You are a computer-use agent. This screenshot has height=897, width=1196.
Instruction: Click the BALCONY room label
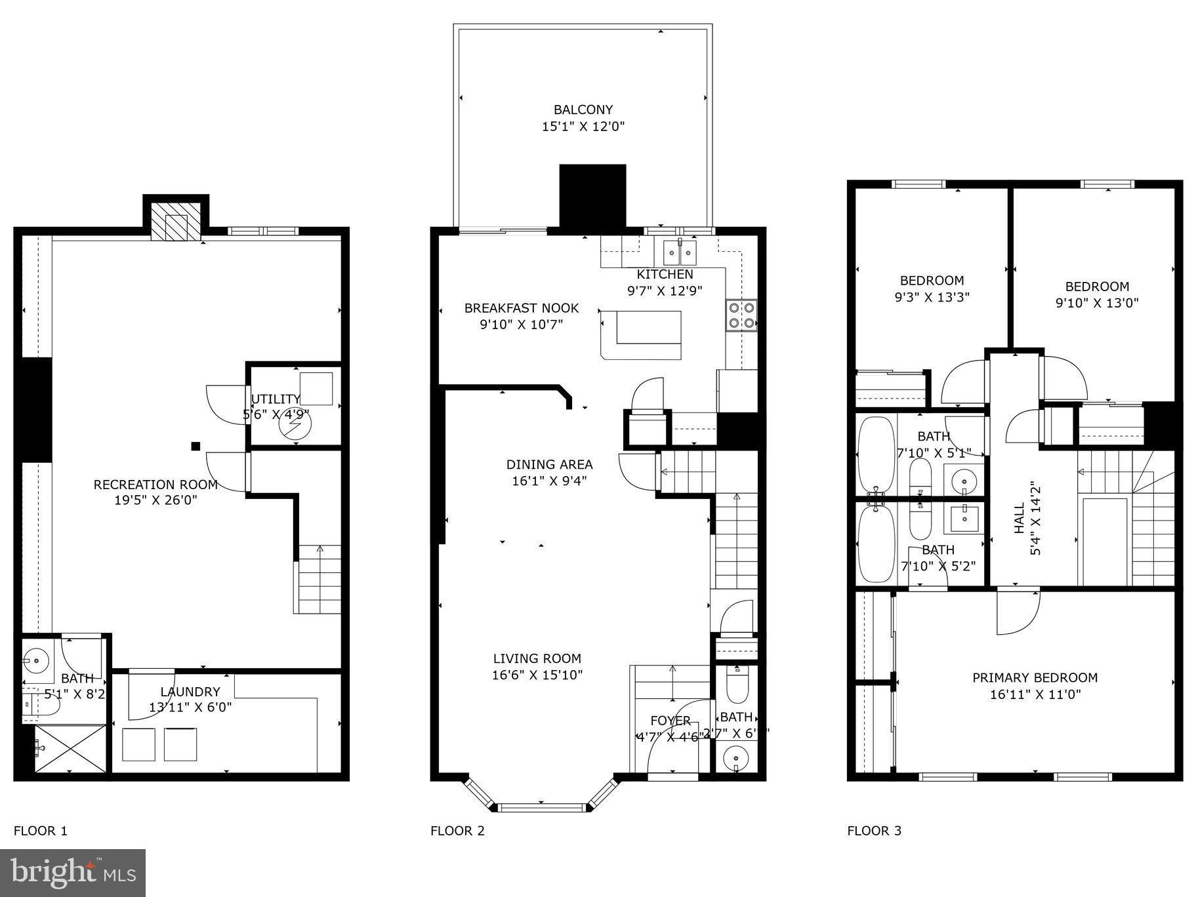583,110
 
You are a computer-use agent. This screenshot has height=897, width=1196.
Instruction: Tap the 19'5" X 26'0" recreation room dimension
155,500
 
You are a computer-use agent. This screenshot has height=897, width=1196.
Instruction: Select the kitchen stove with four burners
741,314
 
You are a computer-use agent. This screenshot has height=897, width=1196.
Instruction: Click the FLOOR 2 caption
457,831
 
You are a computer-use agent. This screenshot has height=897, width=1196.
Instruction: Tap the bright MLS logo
72,873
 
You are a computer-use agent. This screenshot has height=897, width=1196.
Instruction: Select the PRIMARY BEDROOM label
1035,677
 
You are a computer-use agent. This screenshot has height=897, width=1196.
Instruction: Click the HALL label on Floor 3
1019,518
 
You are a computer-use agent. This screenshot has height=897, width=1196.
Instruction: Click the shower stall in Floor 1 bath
70,749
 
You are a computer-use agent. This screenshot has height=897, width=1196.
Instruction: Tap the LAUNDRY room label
190,691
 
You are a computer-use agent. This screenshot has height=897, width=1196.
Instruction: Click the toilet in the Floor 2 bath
735,685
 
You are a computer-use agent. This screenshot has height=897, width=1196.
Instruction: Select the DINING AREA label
549,464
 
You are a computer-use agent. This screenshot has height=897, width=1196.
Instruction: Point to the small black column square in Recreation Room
196,447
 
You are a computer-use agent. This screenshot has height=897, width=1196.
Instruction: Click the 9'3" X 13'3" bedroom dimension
932,297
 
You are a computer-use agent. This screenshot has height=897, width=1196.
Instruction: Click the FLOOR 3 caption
874,831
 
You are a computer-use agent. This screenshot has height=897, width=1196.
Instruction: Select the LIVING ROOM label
537,658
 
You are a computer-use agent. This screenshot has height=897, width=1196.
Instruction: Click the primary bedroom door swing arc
1018,613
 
